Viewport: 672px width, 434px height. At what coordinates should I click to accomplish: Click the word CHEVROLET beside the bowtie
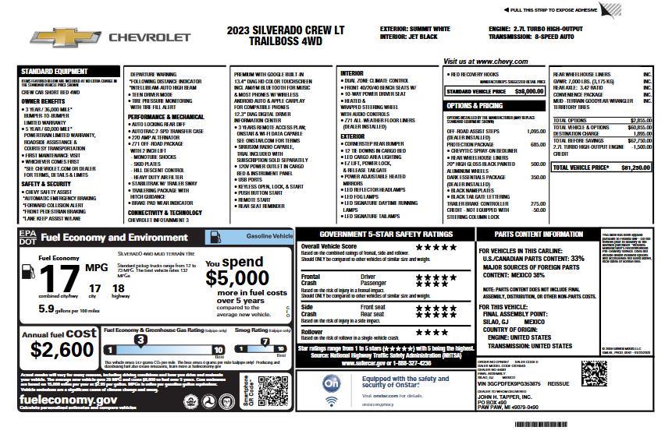coord(149,37)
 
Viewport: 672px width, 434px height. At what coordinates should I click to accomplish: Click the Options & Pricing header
coord(475,105)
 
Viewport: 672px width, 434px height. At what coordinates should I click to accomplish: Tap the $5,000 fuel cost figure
coord(237,278)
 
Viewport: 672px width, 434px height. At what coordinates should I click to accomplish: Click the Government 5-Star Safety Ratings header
coord(386,234)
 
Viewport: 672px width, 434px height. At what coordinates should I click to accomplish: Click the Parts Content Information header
coord(539,234)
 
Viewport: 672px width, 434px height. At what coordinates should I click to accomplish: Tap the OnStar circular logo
coord(331,384)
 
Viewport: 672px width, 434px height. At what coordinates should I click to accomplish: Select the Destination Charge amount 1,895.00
coord(641,133)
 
